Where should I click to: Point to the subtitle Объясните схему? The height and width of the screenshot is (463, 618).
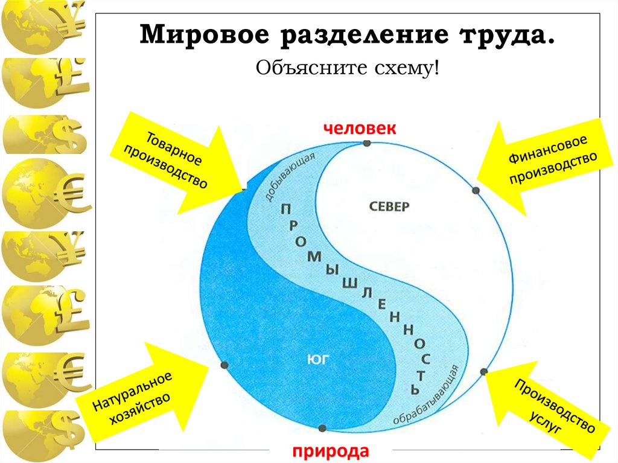346,69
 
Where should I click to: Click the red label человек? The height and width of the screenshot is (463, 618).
360,128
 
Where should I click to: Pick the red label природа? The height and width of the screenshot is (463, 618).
330,450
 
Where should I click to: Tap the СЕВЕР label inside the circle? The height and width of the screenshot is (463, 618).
388,206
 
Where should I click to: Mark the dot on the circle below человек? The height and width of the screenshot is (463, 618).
367,143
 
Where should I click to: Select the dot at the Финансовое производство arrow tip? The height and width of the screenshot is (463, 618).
476,191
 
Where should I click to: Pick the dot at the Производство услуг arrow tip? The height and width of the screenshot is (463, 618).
484,371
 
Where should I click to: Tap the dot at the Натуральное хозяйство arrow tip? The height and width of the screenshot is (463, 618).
224,365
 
